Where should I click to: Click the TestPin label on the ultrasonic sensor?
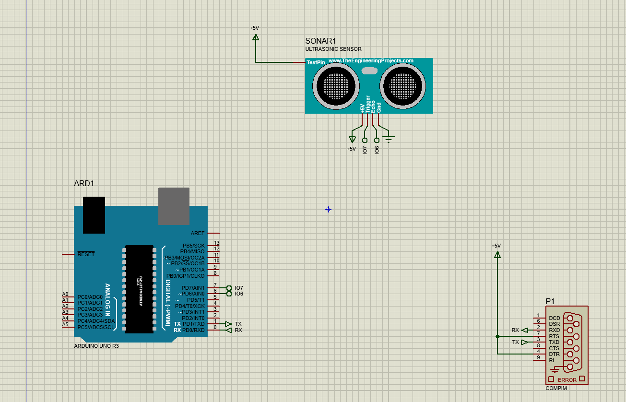tap(316, 62)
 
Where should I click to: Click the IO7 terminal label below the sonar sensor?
tap(365, 150)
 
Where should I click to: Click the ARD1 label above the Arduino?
tap(84, 184)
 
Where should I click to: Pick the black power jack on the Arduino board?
tap(94, 215)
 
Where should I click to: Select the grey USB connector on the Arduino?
tap(174, 206)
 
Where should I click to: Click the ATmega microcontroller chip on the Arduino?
tap(139, 289)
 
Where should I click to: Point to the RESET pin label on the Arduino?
tap(86, 254)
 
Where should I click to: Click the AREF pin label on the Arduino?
tap(197, 234)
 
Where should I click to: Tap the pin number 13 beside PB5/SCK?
tap(216, 243)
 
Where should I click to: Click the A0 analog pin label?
tap(65, 294)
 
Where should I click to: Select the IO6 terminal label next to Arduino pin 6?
tap(239, 294)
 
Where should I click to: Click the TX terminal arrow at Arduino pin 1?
tap(228, 324)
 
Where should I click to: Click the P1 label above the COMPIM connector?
tap(550, 301)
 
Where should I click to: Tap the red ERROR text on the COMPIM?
tap(567, 380)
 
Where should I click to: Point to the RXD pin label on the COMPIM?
tap(554, 330)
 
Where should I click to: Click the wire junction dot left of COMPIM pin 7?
tap(497, 336)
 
